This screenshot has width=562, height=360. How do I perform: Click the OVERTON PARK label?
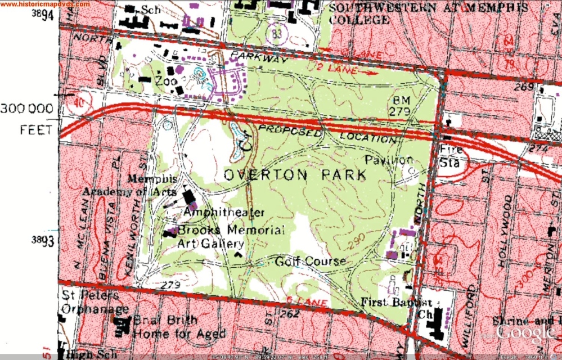(x=295, y=175)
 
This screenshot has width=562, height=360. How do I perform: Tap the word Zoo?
(x=166, y=82)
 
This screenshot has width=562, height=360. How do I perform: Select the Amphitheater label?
(x=224, y=213)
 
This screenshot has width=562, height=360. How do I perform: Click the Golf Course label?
(x=310, y=262)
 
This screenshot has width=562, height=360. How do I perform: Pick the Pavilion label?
(x=389, y=160)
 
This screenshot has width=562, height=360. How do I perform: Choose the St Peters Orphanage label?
(x=91, y=301)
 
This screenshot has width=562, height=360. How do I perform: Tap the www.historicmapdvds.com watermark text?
(x=45, y=4)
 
